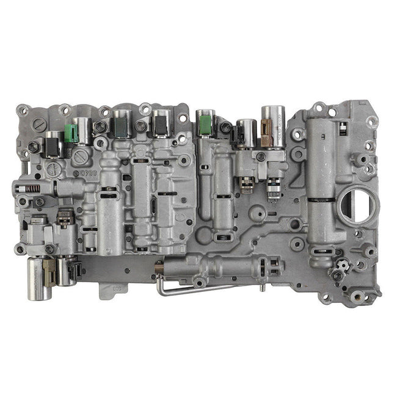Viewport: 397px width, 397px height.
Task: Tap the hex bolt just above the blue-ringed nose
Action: (261, 157)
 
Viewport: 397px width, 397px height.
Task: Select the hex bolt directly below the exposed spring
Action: (39, 202)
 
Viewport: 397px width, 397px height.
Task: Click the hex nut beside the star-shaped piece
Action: (337, 276)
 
